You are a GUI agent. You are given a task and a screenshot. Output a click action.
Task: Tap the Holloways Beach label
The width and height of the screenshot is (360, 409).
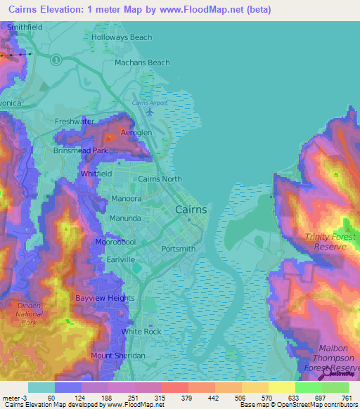122,37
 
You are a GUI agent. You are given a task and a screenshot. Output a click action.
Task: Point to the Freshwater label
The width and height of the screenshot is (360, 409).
75,121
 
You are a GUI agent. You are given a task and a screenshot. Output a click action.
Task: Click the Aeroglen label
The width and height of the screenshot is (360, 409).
117,133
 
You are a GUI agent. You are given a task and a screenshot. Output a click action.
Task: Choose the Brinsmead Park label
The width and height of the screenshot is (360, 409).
80,150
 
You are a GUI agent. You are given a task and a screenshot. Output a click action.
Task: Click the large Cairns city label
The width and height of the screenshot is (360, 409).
191,209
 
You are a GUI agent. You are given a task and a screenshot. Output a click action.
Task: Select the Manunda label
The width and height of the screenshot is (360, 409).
124,219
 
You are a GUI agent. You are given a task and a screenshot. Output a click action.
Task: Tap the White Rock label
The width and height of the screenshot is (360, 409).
141,331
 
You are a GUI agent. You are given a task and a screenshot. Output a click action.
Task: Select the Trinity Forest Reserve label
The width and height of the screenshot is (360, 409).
326,242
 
